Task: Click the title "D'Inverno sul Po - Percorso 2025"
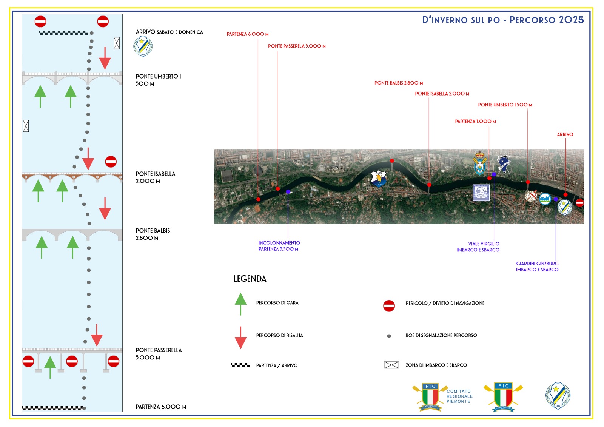503,20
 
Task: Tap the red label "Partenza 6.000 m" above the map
248,34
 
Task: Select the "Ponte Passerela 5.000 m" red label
297,46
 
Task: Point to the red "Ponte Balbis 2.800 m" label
398,83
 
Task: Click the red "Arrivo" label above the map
565,134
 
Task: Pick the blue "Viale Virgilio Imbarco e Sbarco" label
478,247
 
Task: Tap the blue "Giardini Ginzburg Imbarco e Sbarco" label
537,267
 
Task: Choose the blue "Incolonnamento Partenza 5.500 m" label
279,246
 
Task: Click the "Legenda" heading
250,279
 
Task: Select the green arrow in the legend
240,303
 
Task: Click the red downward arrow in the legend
240,338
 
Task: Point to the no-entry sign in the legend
389,306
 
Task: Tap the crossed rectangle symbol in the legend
391,365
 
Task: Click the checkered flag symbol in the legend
240,365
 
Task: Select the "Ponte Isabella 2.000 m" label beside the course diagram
156,177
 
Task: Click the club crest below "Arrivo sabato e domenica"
143,47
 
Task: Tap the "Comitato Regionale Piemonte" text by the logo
459,396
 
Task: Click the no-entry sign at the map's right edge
579,203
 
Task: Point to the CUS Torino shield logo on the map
379,179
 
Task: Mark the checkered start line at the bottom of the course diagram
53,408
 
